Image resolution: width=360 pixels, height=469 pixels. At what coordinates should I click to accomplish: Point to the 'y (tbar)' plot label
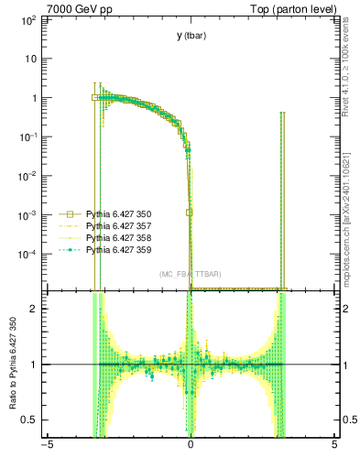point(191,36)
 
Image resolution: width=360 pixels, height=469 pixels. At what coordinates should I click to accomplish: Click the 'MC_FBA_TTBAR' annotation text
point(190,274)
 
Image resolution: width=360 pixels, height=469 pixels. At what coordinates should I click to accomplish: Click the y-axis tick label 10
point(30,59)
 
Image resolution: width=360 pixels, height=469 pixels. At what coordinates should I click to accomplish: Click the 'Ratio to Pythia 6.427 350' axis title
point(13,364)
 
